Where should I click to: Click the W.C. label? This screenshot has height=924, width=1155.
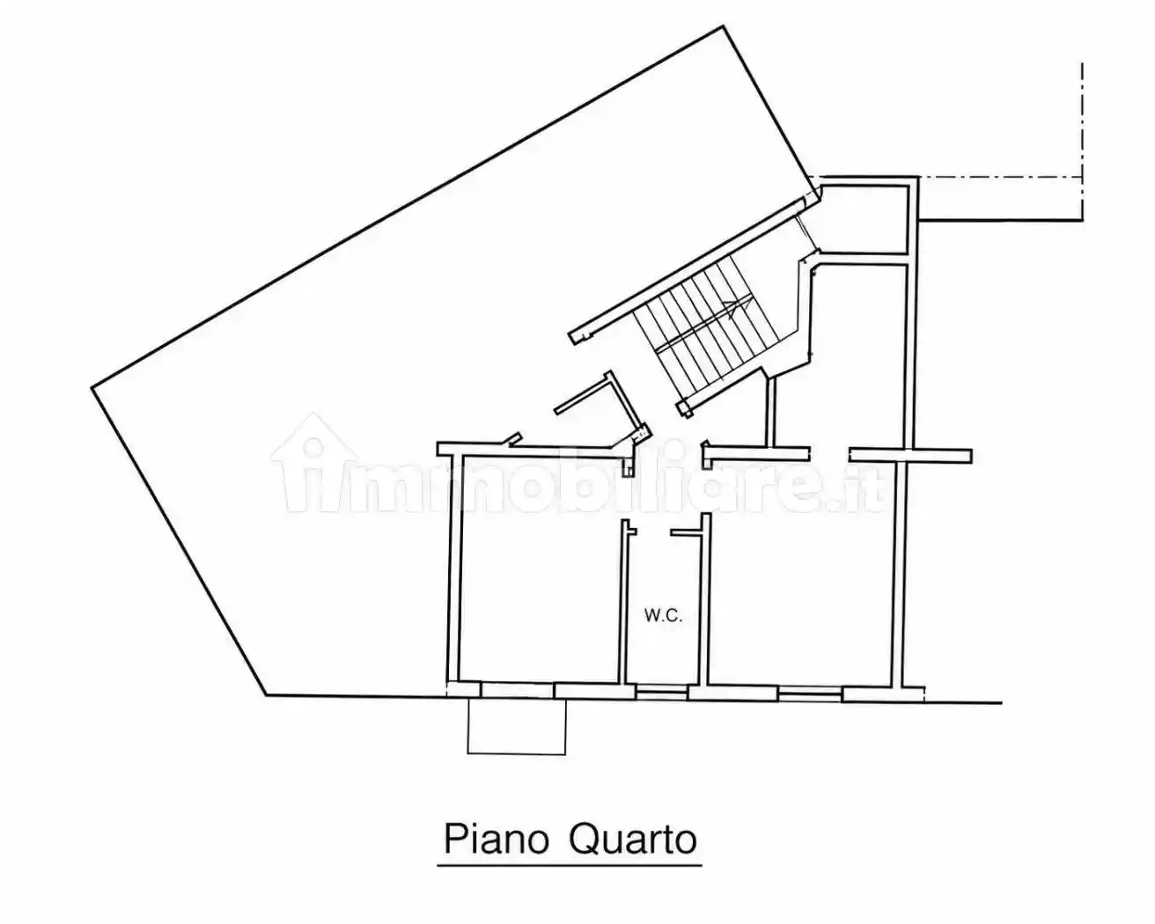click(664, 616)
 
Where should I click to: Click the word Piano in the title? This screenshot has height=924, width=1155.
click(497, 840)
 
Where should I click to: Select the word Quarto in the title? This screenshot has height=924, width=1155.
click(633, 840)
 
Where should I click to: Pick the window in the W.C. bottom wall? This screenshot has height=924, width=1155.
click(661, 693)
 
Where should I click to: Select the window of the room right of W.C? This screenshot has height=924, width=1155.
click(810, 693)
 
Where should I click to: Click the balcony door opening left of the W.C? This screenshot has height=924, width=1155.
click(518, 690)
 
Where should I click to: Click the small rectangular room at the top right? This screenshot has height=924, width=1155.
click(864, 219)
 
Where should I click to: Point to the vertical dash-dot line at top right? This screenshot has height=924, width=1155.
click(1082, 143)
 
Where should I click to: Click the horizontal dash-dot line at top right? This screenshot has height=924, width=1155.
click(1000, 177)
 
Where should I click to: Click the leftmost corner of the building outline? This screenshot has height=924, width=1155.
click(92, 387)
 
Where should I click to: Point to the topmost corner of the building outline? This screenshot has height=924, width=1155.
click(724, 26)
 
